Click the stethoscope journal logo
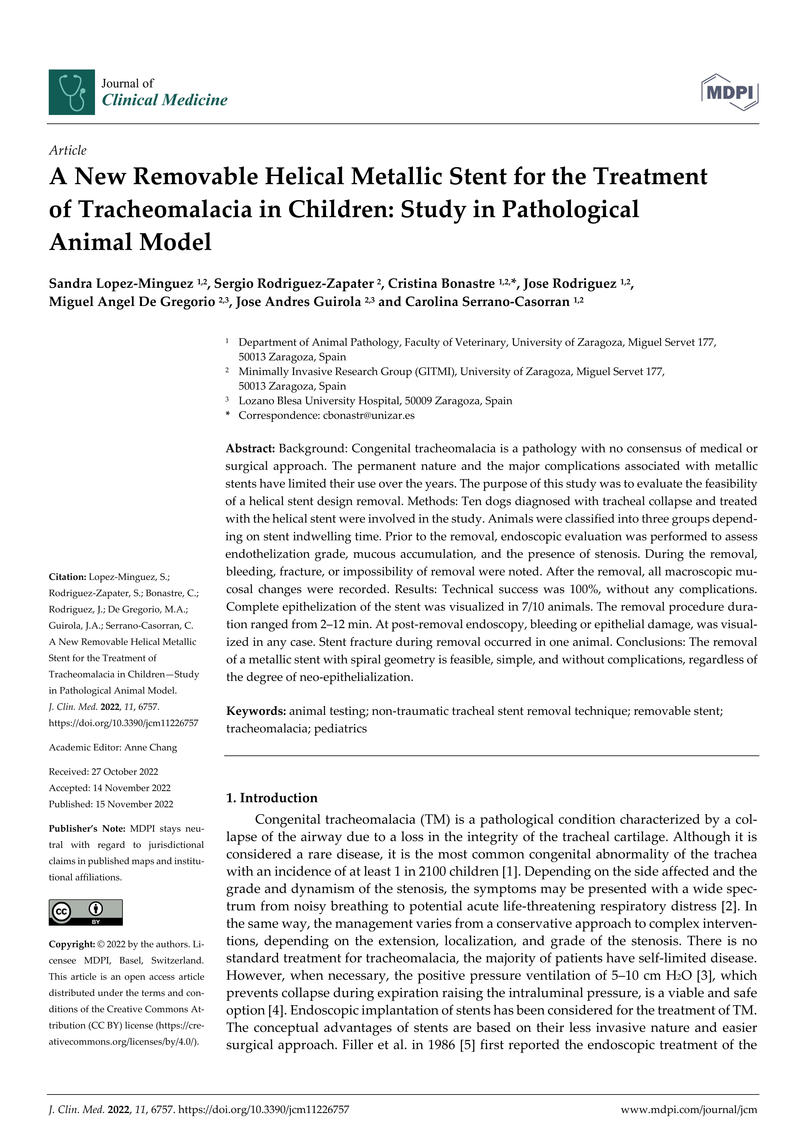click(x=71, y=92)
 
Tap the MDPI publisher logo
click(x=730, y=92)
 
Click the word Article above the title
click(x=68, y=150)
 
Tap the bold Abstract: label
click(x=250, y=449)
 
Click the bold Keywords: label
click(x=255, y=711)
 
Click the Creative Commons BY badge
click(x=85, y=912)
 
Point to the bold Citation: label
click(x=68, y=576)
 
